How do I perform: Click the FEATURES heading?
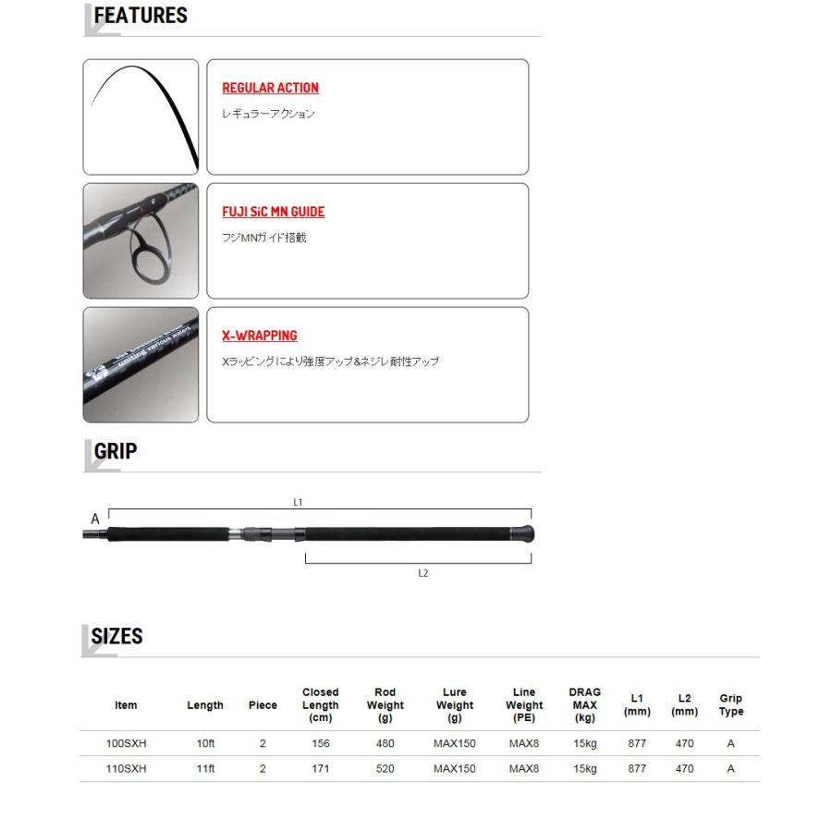click(141, 16)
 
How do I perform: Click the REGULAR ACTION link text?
click(270, 88)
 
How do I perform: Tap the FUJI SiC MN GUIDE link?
click(273, 212)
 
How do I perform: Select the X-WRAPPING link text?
click(259, 336)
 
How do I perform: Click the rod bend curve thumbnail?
click(141, 116)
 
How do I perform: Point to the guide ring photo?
click(141, 240)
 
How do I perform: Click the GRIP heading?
click(116, 451)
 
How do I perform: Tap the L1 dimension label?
click(298, 502)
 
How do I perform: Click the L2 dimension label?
click(422, 573)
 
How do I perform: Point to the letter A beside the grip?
click(95, 520)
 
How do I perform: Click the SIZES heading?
click(116, 637)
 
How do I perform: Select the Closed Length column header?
click(320, 704)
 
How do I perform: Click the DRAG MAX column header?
click(584, 704)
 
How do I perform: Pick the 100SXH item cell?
click(126, 743)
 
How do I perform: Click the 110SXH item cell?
click(126, 768)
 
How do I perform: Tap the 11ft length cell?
click(205, 768)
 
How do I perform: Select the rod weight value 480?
click(385, 743)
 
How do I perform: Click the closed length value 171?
click(320, 768)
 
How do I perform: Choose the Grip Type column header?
click(730, 704)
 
